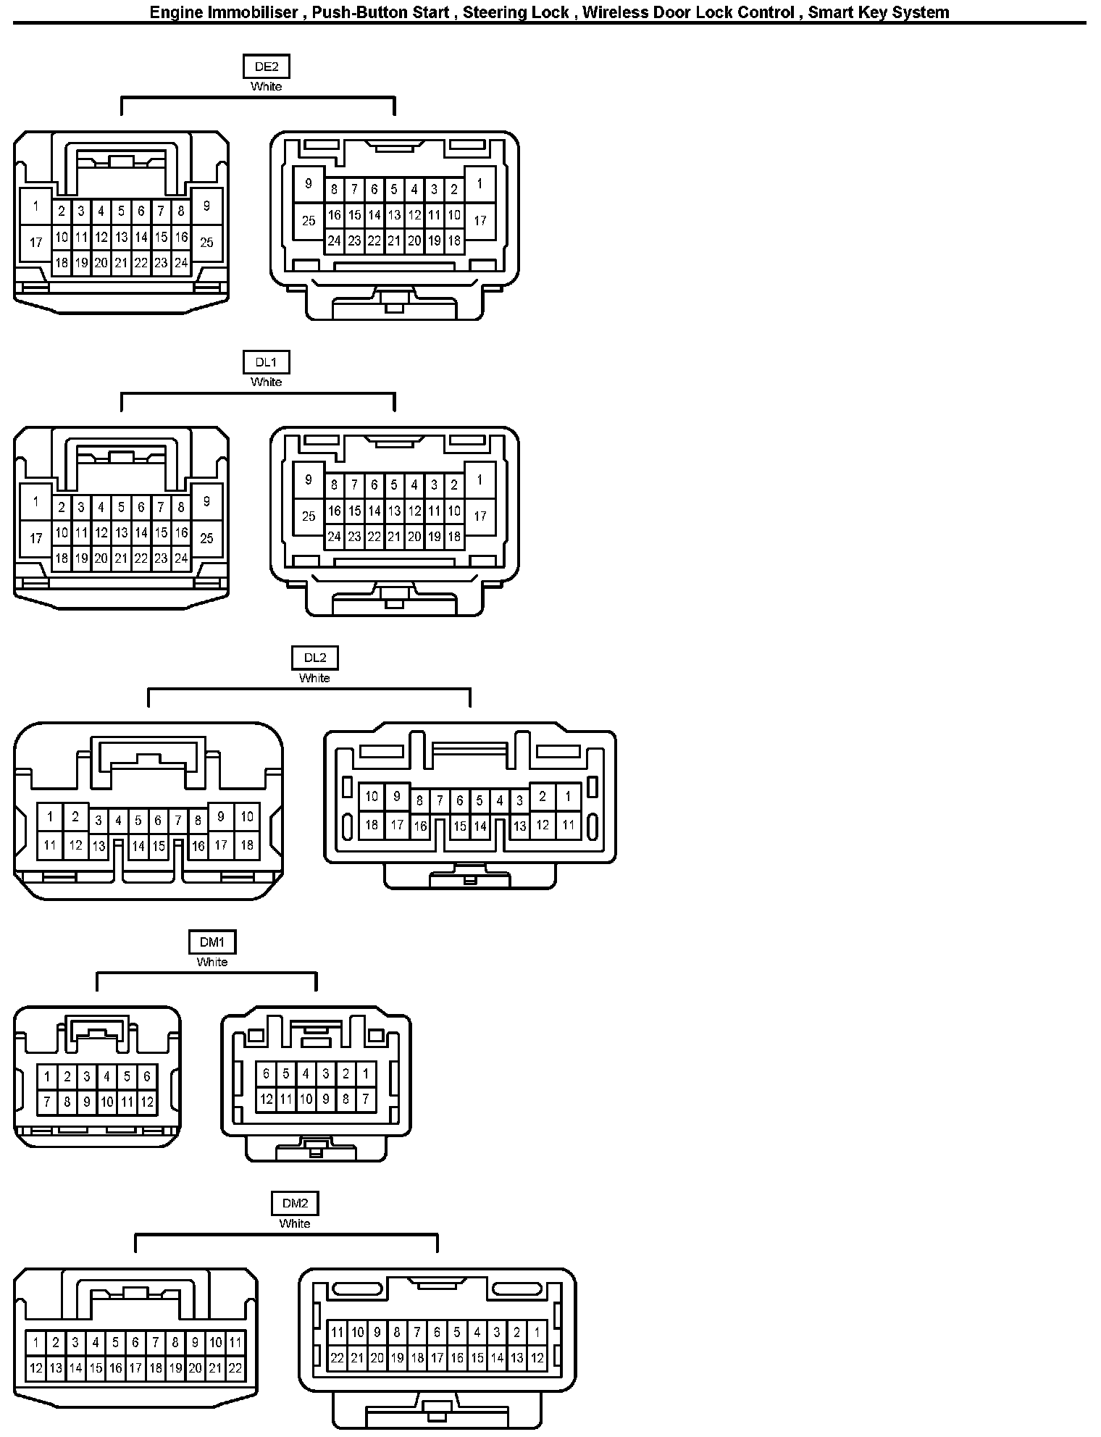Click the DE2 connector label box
pyautogui.click(x=266, y=67)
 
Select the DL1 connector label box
pyautogui.click(x=266, y=362)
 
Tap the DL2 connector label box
pyautogui.click(x=315, y=658)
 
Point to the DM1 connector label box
pyautogui.click(x=212, y=942)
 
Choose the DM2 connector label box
pyautogui.click(x=295, y=1204)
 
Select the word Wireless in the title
pyautogui.click(x=615, y=12)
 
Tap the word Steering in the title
pyautogui.click(x=494, y=12)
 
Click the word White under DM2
pyautogui.click(x=295, y=1223)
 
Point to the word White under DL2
pyautogui.click(x=315, y=678)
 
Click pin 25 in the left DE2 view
pyautogui.click(x=206, y=243)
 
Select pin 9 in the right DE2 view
pyautogui.click(x=309, y=184)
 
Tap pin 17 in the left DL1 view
pyautogui.click(x=36, y=538)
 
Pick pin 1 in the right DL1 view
pyautogui.click(x=480, y=480)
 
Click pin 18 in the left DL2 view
pyautogui.click(x=247, y=845)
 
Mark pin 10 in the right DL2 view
pyautogui.click(x=372, y=797)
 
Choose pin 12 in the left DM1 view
pyautogui.click(x=147, y=1102)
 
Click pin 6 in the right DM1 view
pyautogui.click(x=266, y=1074)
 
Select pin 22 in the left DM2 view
pyautogui.click(x=235, y=1369)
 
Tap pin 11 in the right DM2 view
pyautogui.click(x=337, y=1332)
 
